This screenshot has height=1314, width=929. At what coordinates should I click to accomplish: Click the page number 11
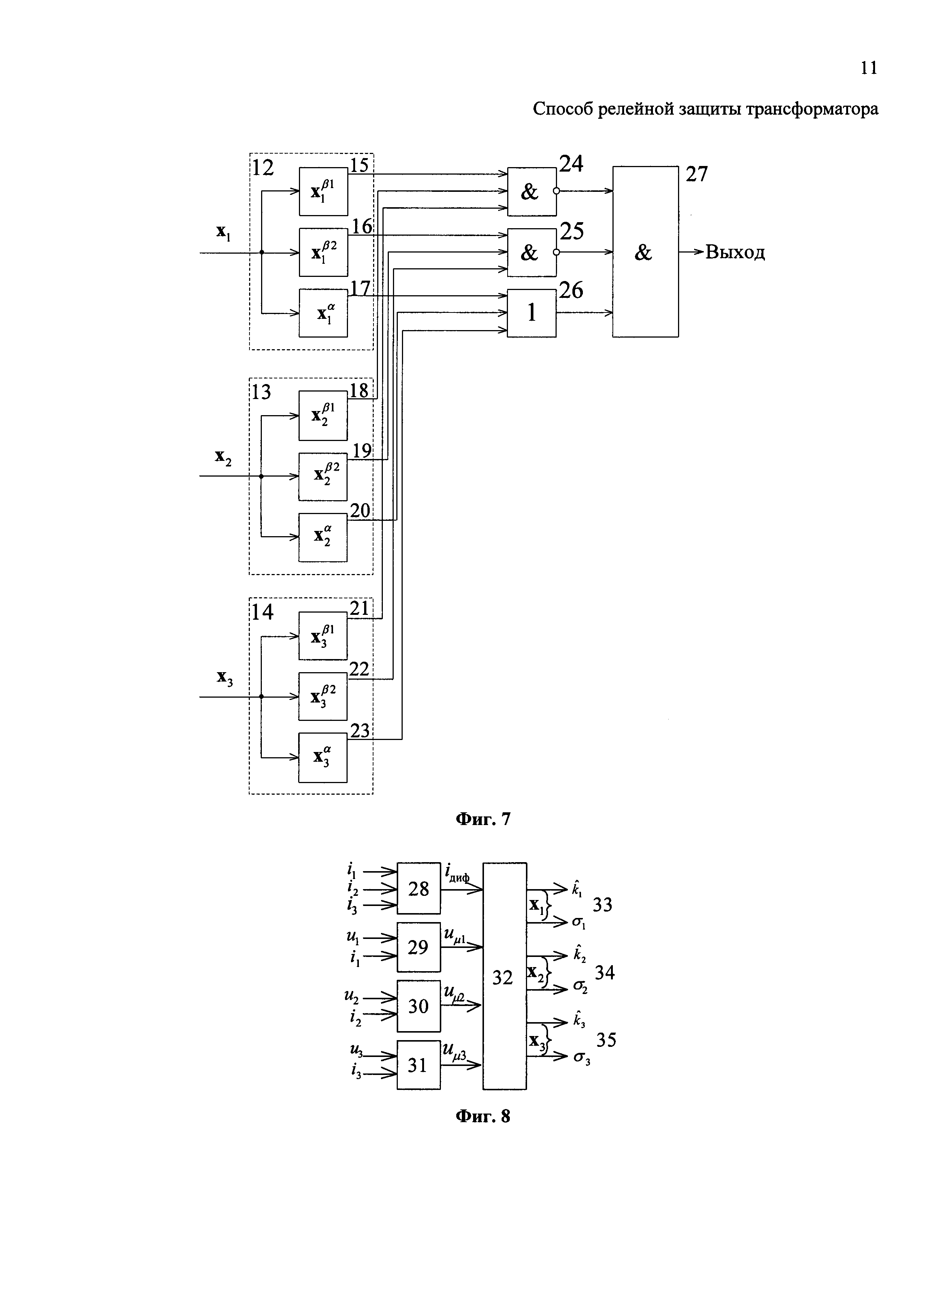[868, 68]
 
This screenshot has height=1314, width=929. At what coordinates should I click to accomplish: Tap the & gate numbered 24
[532, 192]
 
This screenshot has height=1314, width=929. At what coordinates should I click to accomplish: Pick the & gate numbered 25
[532, 253]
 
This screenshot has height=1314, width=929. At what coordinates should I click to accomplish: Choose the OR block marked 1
[532, 313]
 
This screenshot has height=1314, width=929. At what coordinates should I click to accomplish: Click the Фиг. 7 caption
[482, 819]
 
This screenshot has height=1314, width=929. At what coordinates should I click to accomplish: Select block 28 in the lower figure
[419, 888]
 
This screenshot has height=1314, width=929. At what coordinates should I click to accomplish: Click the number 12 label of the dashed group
[263, 168]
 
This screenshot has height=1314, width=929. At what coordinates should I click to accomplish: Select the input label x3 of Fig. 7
[224, 678]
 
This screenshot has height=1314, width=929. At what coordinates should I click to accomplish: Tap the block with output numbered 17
[323, 313]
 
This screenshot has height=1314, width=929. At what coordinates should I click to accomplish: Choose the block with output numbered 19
[323, 476]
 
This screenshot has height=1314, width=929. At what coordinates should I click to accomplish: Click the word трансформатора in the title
[812, 109]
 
